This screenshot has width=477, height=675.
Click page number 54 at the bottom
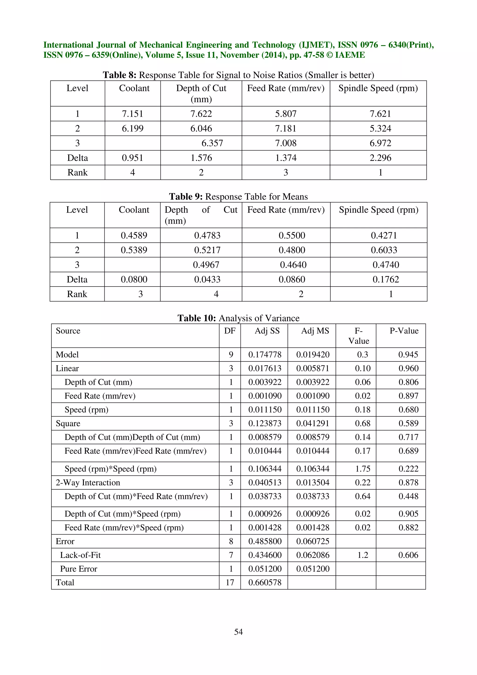tap(238, 631)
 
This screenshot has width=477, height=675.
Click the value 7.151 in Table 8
tap(133, 114)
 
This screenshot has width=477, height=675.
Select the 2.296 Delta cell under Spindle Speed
tap(380, 158)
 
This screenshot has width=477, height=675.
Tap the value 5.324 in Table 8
tap(380, 129)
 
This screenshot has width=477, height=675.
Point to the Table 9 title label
tap(238, 196)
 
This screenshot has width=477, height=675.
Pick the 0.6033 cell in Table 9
tap(384, 250)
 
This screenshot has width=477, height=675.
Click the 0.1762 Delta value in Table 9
tap(386, 279)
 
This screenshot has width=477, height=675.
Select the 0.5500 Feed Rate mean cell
tap(292, 235)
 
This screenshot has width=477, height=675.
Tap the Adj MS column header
tap(315, 331)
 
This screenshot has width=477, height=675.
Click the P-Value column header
tap(404, 331)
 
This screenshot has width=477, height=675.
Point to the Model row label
tap(67, 355)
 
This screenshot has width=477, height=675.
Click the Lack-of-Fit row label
tap(80, 555)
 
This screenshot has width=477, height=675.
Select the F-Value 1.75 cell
tap(363, 469)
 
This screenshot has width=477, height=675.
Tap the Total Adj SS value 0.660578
tap(265, 582)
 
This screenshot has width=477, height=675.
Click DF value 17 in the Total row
tap(230, 582)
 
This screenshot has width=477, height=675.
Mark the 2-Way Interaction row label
tap(88, 482)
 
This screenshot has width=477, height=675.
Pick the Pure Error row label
tap(78, 569)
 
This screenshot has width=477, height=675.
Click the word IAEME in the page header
tap(350, 55)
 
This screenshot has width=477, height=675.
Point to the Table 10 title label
tap(238, 318)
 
